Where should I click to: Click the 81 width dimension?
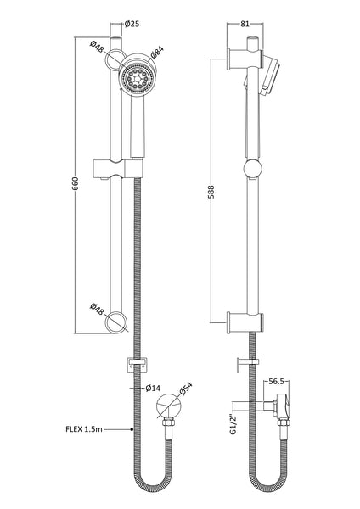245,23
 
